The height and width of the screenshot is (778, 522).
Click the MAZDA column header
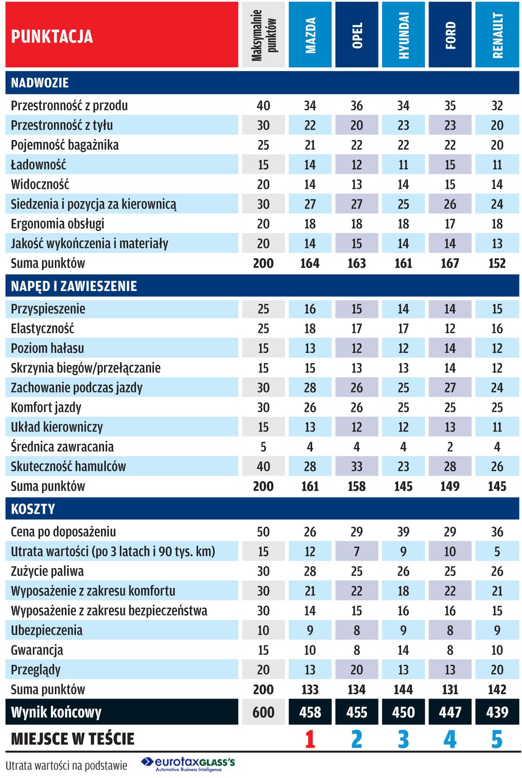tap(310, 35)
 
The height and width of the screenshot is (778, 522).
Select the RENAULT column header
tap(497, 35)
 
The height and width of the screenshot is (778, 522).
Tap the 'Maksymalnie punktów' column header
tap(263, 35)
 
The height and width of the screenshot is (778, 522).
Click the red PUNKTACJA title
tap(52, 36)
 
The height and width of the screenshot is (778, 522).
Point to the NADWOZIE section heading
tap(40, 83)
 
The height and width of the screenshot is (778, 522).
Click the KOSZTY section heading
tap(33, 509)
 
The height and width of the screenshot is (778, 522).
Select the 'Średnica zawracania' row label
tap(62, 447)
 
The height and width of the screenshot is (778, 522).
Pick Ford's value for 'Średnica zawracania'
tap(450, 447)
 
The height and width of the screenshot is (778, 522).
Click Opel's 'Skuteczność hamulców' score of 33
tap(357, 467)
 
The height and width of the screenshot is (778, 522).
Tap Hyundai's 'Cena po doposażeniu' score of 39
tap(403, 532)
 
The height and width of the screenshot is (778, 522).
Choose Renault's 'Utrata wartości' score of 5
tap(497, 552)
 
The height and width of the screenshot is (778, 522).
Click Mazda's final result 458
tap(310, 712)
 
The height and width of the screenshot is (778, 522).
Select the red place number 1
tap(310, 739)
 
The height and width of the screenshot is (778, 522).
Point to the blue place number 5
tap(497, 739)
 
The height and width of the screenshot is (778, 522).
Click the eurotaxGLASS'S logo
tap(189, 763)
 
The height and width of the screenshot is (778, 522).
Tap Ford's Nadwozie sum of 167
tap(450, 264)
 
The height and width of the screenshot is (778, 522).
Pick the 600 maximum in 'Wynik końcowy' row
tap(263, 712)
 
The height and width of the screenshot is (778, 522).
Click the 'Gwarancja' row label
tap(37, 650)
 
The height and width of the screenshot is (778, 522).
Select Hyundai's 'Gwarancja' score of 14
tap(403, 650)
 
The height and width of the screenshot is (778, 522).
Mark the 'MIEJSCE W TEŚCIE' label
tap(73, 739)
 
